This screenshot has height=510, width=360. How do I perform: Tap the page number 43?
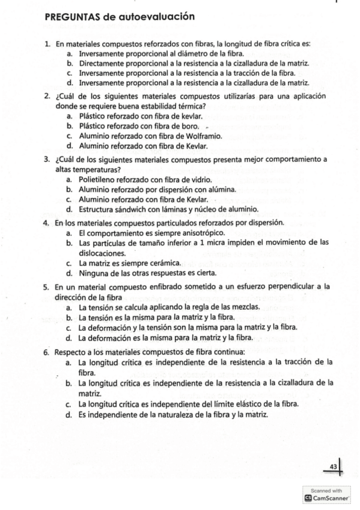pos(334,466)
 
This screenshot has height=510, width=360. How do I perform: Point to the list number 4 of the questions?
pos(46,223)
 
